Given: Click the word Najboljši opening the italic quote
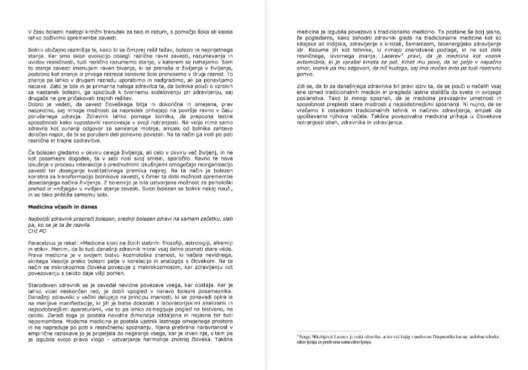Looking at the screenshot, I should [x=43, y=218].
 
